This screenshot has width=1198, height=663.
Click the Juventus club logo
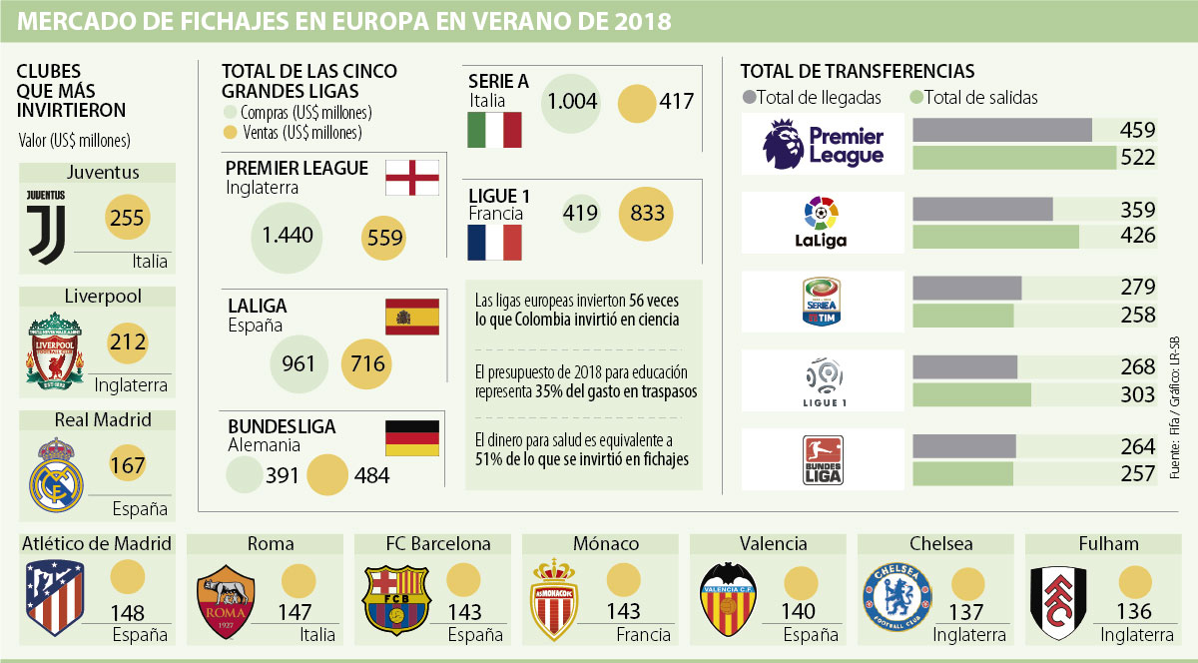click(45, 227)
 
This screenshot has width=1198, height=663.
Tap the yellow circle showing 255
click(127, 219)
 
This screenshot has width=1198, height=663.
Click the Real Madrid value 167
click(127, 465)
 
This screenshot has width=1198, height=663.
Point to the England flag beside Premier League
click(412, 178)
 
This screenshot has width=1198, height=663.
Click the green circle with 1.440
click(288, 236)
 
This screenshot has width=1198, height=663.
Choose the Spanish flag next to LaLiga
click(411, 317)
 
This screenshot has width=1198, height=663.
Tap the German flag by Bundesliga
click(411, 437)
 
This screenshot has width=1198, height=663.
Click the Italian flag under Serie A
click(495, 131)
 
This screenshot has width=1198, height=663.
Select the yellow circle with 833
click(646, 213)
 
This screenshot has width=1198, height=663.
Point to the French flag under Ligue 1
click(495, 243)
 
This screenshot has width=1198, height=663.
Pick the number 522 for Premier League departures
click(1137, 157)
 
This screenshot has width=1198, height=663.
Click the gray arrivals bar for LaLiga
click(982, 210)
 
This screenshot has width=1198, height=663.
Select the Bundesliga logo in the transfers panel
click(824, 459)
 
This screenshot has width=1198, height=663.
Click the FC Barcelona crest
click(395, 600)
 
